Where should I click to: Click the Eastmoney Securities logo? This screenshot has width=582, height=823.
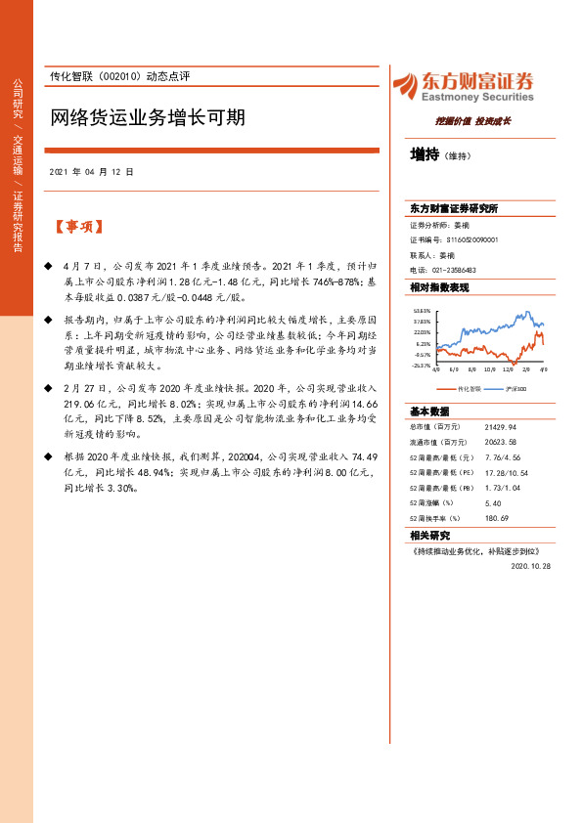pyautogui.click(x=463, y=86)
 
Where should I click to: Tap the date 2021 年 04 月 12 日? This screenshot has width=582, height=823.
pyautogui.click(x=91, y=171)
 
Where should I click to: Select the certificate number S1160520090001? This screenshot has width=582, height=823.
pyautogui.click(x=472, y=239)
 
